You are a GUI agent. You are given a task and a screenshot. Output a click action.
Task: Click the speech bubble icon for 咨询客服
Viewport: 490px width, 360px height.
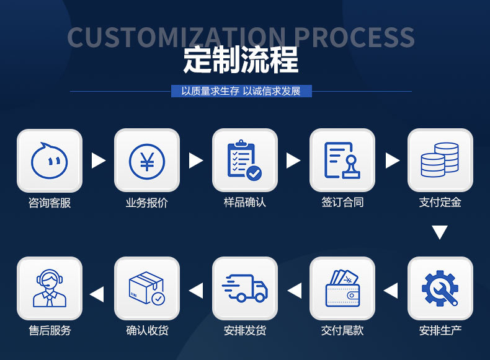pos(50,160)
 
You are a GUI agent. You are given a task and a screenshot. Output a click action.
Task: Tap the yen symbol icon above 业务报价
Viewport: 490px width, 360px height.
pos(147,160)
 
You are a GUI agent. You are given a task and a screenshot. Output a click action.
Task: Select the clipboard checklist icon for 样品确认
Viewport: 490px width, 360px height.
pos(245,160)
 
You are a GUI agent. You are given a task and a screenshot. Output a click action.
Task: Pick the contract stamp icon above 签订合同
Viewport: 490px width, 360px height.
pos(342,160)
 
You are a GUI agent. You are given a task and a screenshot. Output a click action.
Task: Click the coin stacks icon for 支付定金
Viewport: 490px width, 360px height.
pos(440,160)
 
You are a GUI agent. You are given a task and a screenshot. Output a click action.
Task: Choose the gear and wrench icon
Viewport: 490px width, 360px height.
pos(440,289)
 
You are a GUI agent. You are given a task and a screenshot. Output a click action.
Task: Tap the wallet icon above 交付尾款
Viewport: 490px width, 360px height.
pos(342,289)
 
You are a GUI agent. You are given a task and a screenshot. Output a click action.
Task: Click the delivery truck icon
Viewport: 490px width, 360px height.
pos(245,289)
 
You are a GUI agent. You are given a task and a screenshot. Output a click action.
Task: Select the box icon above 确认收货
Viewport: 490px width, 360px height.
pos(147,289)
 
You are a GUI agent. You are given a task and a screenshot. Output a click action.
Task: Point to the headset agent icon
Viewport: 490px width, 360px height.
pos(50,289)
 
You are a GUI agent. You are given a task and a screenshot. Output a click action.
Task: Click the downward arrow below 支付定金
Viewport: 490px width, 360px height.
pos(440,233)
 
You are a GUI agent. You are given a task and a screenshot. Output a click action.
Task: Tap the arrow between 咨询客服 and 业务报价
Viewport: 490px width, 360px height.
pos(98,160)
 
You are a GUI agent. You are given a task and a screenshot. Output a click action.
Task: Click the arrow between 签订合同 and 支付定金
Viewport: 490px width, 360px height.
pos(392,160)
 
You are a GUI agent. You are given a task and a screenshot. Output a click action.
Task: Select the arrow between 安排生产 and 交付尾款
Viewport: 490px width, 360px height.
pos(391,290)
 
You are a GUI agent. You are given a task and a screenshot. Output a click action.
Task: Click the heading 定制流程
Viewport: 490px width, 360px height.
pos(241,60)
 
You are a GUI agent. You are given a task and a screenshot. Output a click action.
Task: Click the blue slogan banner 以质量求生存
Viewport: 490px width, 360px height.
pos(241,91)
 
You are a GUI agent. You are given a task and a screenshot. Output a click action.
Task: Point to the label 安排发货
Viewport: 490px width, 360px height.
pos(245,330)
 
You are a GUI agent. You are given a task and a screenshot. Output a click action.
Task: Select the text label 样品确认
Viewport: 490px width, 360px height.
pos(245,202)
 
